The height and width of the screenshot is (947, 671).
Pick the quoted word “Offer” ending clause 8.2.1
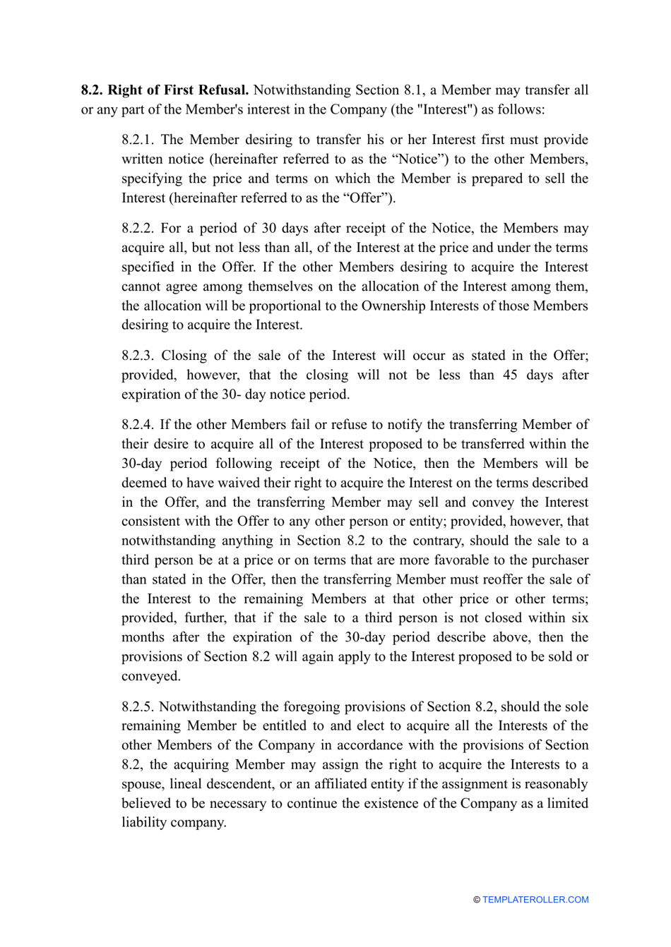pos(367,198)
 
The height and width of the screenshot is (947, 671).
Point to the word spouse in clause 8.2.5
pos(143,785)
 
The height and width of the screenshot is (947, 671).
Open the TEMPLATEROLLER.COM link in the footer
pos(535,900)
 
